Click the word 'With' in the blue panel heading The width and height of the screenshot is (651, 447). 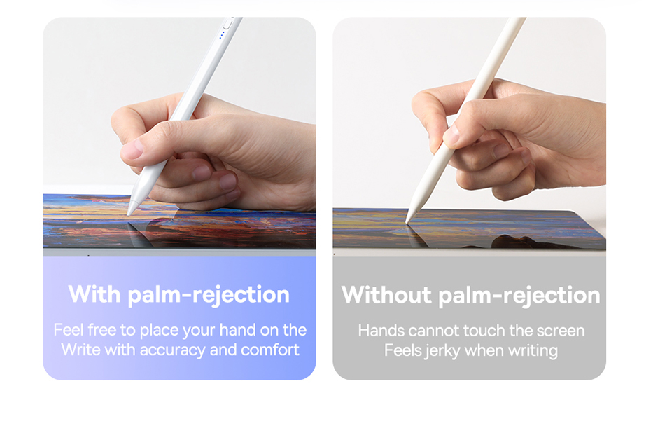(x=94, y=294)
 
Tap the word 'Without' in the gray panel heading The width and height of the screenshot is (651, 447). (x=386, y=294)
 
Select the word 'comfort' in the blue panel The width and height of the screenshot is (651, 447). (x=270, y=350)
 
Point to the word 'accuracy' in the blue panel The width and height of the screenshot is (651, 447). (x=172, y=350)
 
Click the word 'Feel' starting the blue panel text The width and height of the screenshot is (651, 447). (x=69, y=330)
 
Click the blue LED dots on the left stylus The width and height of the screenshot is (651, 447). (x=221, y=35)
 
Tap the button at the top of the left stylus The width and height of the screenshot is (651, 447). (x=228, y=23)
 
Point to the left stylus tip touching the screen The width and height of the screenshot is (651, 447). (x=129, y=214)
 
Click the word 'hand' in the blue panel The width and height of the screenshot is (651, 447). (x=237, y=330)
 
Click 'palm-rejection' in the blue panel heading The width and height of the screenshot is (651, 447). (x=209, y=295)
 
